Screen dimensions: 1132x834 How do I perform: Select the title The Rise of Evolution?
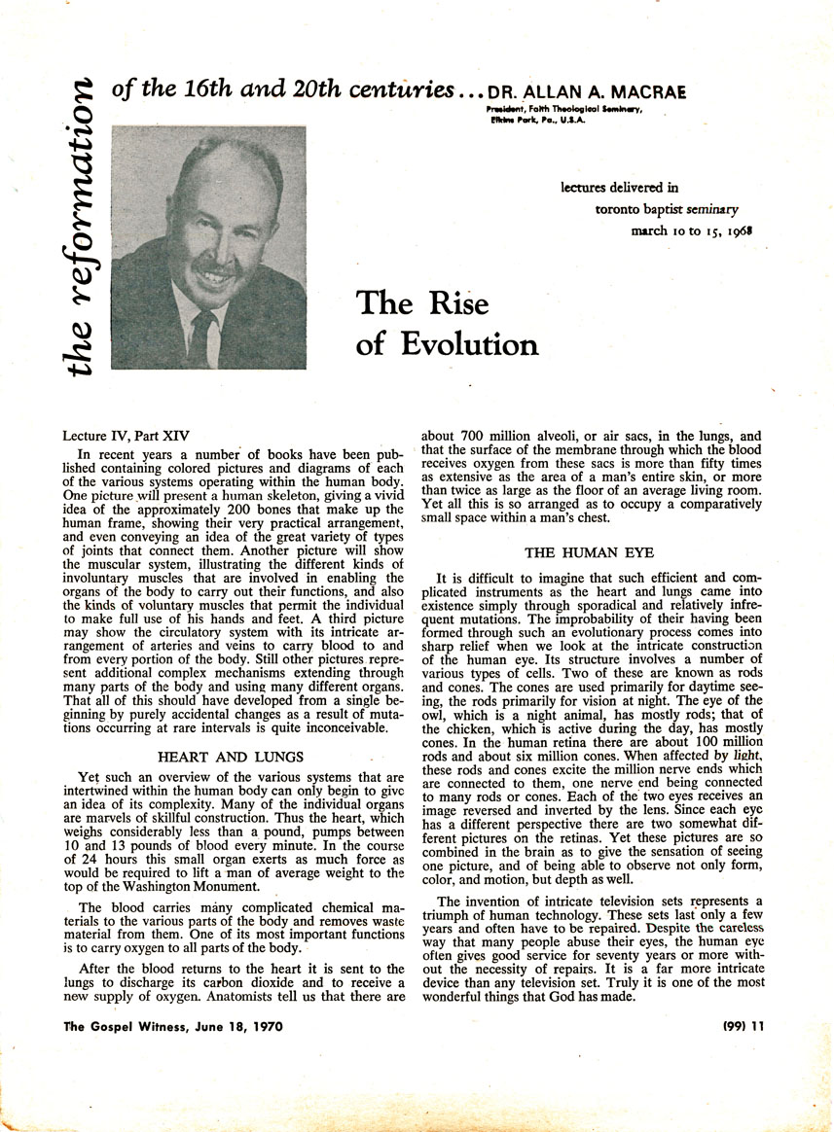[447, 323]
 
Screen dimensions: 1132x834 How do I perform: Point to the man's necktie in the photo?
[202, 336]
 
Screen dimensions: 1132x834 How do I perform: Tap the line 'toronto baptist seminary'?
[667, 209]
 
